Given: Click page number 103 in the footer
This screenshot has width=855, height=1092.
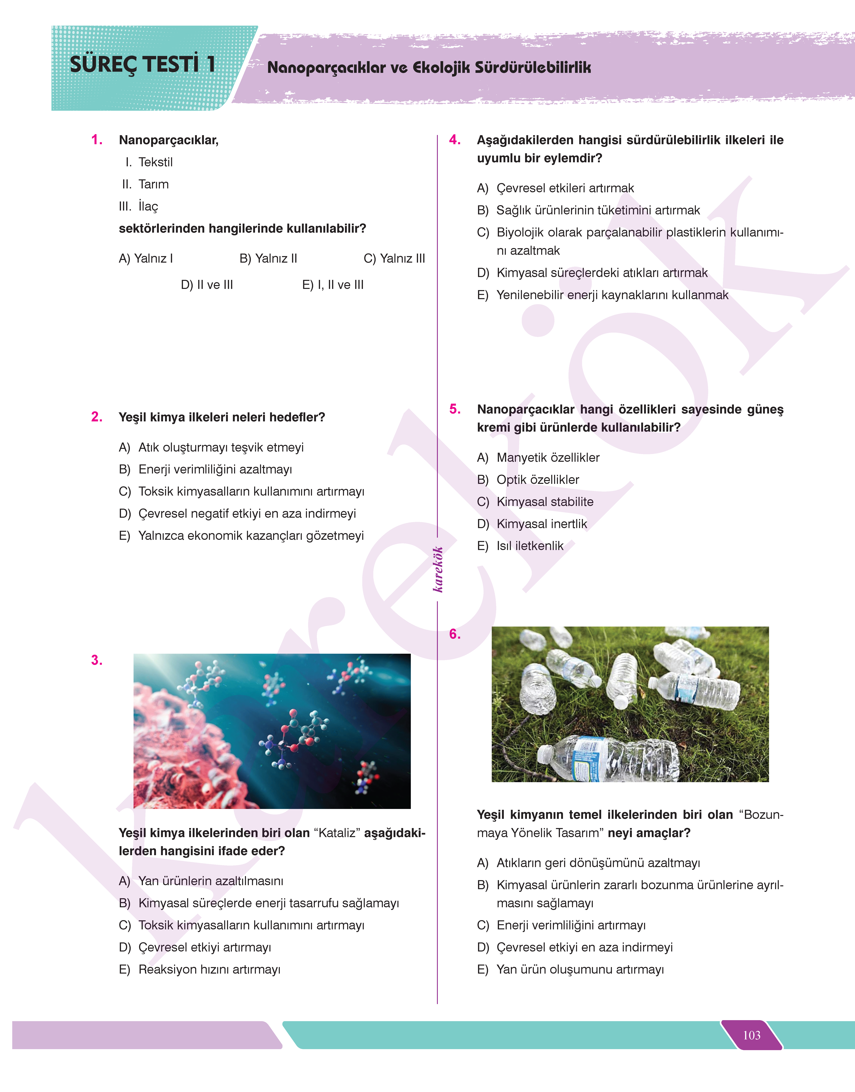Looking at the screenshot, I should pos(751,1035).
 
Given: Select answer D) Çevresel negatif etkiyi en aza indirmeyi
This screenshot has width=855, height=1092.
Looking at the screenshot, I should pos(237,514).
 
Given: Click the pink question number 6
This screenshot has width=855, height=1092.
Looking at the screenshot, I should pos(455,634).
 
